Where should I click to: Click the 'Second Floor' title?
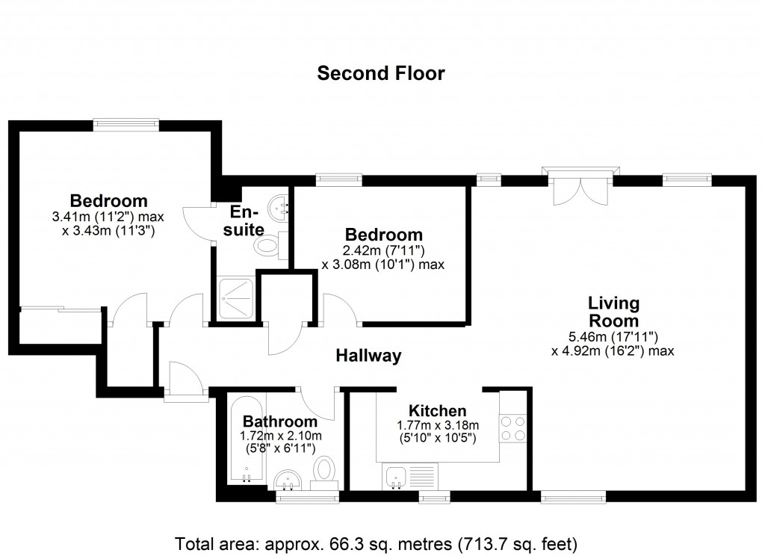point(380,73)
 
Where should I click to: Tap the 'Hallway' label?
point(368,356)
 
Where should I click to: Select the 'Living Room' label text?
point(614,312)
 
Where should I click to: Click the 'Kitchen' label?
point(437,410)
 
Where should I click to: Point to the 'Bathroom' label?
point(280,421)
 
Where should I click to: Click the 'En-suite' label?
point(244,220)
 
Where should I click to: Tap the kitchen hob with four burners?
point(512,427)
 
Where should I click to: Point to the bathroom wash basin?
point(288,479)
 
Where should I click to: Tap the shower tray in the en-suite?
point(235,299)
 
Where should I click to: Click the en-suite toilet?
point(271,245)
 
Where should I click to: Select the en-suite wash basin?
point(279,206)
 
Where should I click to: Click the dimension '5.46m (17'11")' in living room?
point(613,336)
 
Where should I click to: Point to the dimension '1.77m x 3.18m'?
point(438,425)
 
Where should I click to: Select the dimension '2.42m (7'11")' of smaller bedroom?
point(383,250)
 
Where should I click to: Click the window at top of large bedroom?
point(126,124)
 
